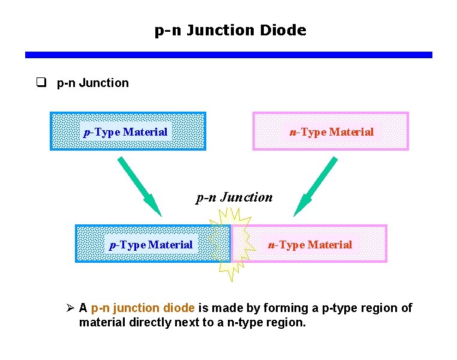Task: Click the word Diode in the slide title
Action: click(x=283, y=30)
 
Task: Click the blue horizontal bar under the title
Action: click(x=228, y=55)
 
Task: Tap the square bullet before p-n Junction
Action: click(x=41, y=83)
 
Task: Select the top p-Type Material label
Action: click(x=125, y=131)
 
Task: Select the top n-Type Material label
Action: click(x=331, y=132)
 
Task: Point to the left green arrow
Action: click(x=140, y=185)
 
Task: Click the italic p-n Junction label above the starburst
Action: click(x=234, y=197)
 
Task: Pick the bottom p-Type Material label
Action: click(x=151, y=244)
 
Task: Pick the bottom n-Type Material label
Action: click(x=310, y=244)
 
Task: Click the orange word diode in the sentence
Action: click(x=178, y=308)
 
